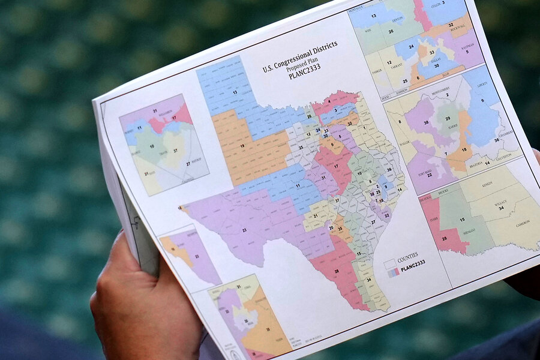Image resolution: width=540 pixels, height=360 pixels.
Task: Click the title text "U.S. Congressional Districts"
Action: pos(299,56)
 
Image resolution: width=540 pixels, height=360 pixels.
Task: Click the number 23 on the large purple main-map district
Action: pos(244,229)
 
